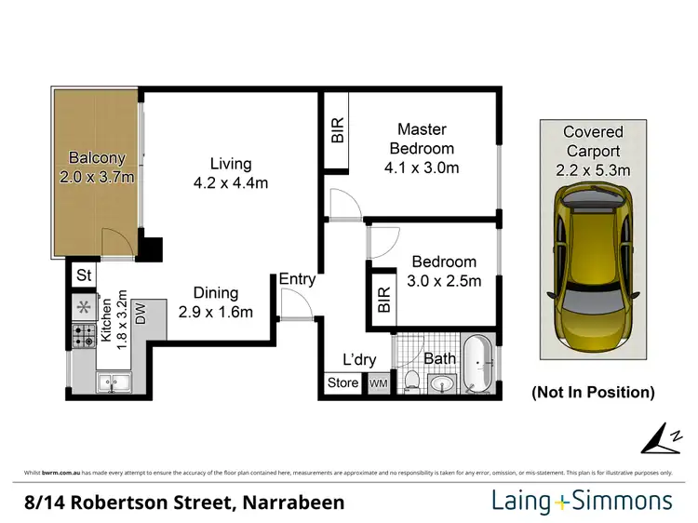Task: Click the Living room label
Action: coord(231,162)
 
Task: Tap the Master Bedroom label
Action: coord(422,138)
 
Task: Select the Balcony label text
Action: coord(97,158)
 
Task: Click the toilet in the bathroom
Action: coord(410,380)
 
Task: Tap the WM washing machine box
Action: coord(379,383)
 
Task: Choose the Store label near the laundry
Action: coord(342,383)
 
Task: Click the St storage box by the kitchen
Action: coord(84,275)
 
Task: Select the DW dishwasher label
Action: coord(141,314)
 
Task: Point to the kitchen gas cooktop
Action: coord(82,334)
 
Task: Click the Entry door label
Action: coord(297,279)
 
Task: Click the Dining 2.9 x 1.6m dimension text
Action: coord(216,313)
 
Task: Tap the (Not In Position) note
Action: coord(593,393)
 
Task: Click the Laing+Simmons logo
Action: coord(582,502)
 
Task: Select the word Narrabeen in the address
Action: coord(293,503)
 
